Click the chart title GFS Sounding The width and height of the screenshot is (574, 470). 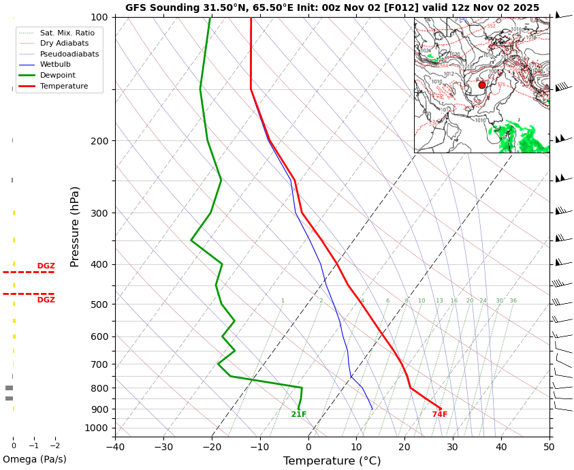pyautogui.click(x=332, y=7)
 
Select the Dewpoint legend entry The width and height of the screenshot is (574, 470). pyautogui.click(x=57, y=76)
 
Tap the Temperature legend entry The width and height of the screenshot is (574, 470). pyautogui.click(x=63, y=87)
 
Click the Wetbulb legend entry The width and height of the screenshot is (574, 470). pyautogui.click(x=54, y=65)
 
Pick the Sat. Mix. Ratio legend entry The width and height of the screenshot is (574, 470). pyautogui.click(x=67, y=33)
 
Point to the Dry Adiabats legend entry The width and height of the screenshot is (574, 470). pyautogui.click(x=64, y=44)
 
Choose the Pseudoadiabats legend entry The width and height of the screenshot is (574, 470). pyautogui.click(x=69, y=54)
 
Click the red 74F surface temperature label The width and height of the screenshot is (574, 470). pyautogui.click(x=440, y=415)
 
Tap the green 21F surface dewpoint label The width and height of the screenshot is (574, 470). pyautogui.click(x=299, y=415)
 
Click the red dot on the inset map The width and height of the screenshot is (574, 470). pyautogui.click(x=482, y=85)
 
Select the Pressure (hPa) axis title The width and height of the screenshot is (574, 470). pyautogui.click(x=75, y=226)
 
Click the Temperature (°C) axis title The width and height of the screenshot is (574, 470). pyautogui.click(x=332, y=461)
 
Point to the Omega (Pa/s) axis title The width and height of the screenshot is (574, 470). pyautogui.click(x=35, y=459)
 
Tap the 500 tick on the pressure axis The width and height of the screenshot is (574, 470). pyautogui.click(x=99, y=304)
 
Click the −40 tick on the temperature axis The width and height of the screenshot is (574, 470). pyautogui.click(x=115, y=448)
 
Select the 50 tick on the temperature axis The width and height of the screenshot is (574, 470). pyautogui.click(x=549, y=448)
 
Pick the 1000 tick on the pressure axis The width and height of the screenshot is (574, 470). pyautogui.click(x=97, y=428)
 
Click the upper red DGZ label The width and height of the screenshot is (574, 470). pyautogui.click(x=46, y=266)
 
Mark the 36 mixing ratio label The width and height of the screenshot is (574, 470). pyautogui.click(x=513, y=301)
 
